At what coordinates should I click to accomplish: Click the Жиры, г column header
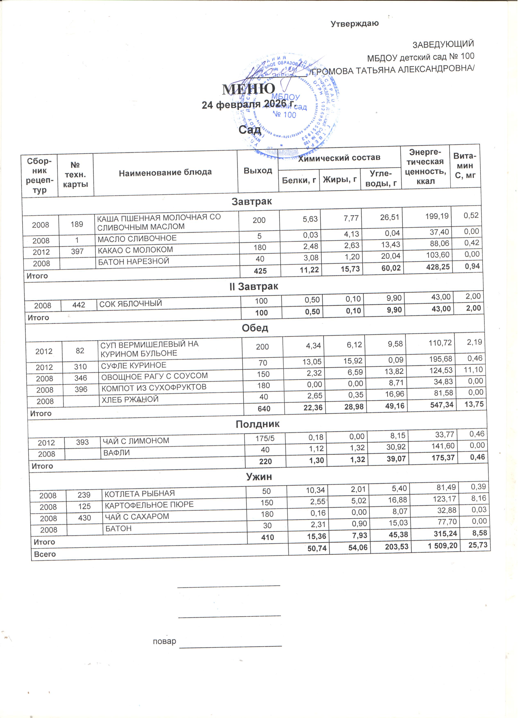point(340,180)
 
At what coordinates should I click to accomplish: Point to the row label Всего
point(45,554)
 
